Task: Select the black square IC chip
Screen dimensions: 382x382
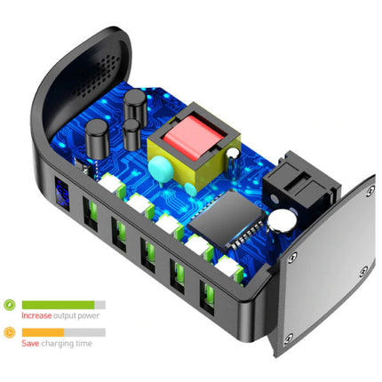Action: tap(222, 217)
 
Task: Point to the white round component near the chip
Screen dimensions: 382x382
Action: tap(283, 222)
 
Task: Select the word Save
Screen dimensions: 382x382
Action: tap(31, 344)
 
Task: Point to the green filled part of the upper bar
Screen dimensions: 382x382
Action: tap(58, 305)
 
